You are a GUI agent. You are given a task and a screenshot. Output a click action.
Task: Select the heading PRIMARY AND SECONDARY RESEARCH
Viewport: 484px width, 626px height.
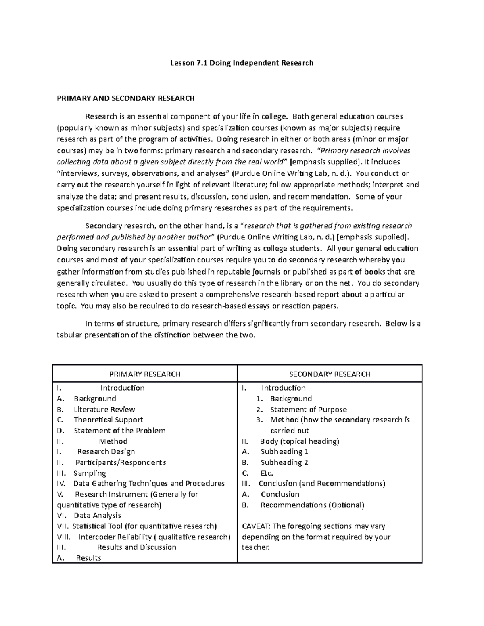126,98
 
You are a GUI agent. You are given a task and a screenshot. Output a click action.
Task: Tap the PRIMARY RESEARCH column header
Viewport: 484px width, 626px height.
145,374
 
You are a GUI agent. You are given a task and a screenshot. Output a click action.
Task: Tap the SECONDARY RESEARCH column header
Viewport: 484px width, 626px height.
330,374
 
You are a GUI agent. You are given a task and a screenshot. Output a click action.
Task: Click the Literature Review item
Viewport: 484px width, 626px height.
104,409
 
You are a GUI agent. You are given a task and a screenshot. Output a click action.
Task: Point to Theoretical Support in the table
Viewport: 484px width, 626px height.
108,420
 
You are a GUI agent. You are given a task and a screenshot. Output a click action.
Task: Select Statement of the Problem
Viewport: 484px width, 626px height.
119,431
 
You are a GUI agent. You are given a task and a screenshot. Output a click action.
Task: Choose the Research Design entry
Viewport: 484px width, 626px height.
106,451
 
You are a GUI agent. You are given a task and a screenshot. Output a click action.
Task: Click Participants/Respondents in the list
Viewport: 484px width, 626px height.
121,462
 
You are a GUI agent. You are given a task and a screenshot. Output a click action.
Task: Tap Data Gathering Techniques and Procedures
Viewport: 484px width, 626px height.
149,483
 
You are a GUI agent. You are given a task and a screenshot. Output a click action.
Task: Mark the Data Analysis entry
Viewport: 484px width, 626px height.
97,515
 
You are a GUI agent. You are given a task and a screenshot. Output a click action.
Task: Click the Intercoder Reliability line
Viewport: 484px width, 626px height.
154,537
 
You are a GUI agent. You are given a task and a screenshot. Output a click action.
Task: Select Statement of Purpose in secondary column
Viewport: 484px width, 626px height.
308,409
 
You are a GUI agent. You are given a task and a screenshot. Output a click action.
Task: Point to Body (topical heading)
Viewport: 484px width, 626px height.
299,441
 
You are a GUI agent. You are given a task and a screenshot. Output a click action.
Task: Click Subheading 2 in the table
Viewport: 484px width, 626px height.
284,462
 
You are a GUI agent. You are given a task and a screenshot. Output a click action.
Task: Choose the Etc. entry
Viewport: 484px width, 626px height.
267,473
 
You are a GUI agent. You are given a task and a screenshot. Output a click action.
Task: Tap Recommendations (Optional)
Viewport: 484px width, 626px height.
312,505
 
